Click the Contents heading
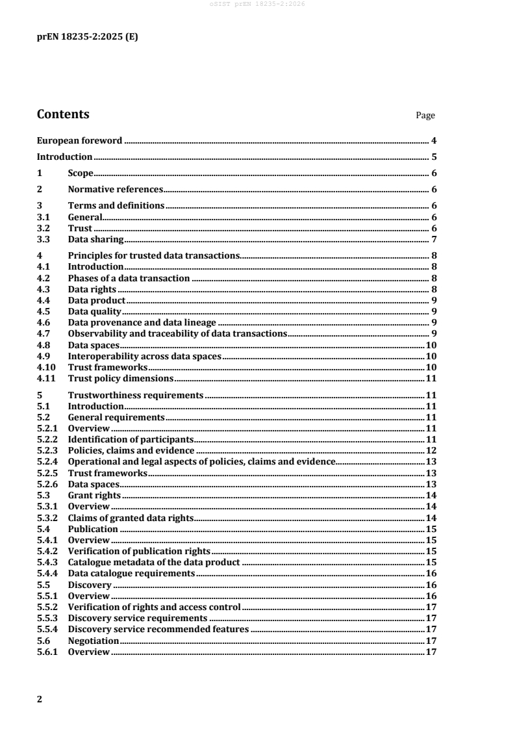coord(63,114)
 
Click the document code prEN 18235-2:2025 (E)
coord(87,37)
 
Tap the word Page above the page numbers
coord(425,116)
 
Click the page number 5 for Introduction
coord(433,157)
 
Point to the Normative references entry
coord(115,190)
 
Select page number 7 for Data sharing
coord(433,240)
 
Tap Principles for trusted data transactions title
coord(154,256)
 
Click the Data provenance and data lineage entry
coord(142,322)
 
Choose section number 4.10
coord(45,367)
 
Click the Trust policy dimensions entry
coord(120,378)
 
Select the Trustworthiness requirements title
coord(136,394)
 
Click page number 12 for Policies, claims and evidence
coord(430,450)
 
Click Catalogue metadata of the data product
coord(154,561)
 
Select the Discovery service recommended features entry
coord(158,629)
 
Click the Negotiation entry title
coord(94,640)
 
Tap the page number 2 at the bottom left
coord(40,698)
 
